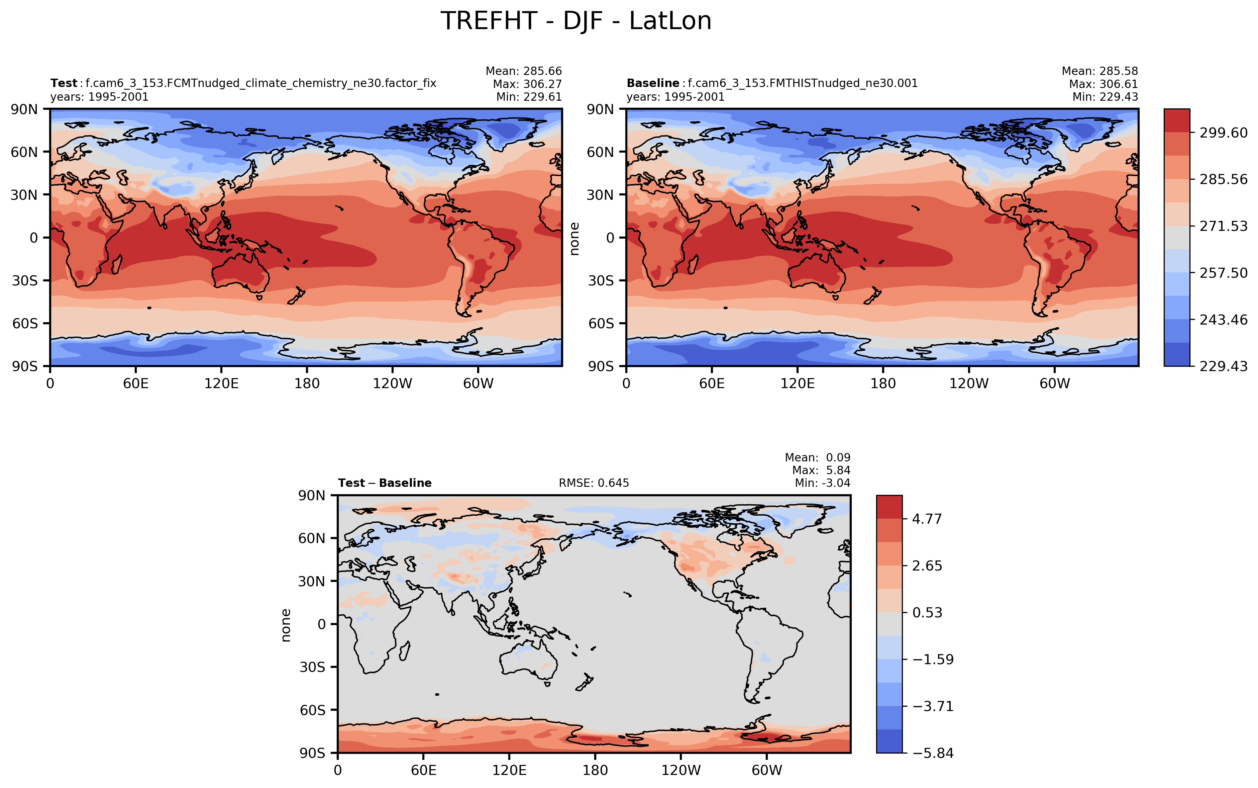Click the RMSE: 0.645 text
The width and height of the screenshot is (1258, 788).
tap(594, 483)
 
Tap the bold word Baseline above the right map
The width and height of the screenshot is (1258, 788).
tap(652, 83)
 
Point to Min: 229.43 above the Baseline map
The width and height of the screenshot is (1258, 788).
tap(1105, 97)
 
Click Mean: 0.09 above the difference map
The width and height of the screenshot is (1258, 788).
tap(818, 458)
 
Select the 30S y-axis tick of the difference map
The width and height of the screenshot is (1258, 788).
tap(312, 667)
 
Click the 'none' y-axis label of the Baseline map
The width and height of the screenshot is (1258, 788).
tap(574, 239)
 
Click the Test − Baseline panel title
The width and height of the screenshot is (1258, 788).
tap(384, 483)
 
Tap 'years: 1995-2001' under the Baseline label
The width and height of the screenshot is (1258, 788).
tap(675, 97)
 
